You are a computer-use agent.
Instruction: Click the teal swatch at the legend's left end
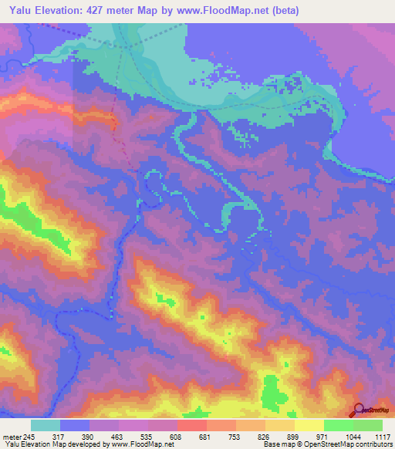pyautogui.click(x=46, y=425)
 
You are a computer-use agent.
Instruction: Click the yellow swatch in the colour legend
pyautogui.click(x=309, y=425)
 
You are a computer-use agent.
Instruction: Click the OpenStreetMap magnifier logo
pyautogui.click(x=358, y=409)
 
